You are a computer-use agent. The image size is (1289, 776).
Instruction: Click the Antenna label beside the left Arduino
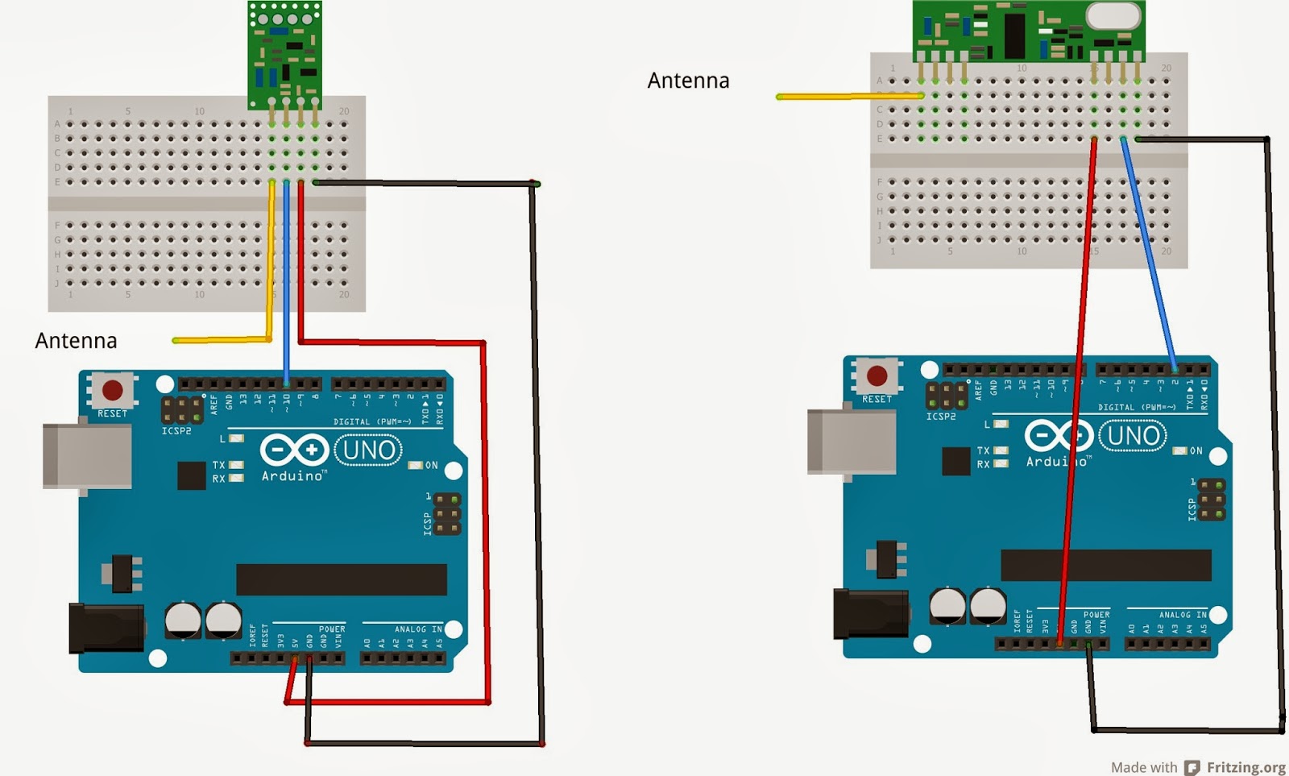tap(76, 341)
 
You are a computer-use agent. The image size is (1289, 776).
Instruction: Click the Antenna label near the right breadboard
tap(688, 81)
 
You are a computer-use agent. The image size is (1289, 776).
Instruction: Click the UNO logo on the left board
tap(370, 450)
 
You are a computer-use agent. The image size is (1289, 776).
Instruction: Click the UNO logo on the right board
tap(1134, 436)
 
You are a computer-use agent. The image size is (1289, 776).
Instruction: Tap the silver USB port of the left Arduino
tap(87, 456)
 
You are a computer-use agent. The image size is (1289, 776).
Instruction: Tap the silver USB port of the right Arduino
tap(852, 442)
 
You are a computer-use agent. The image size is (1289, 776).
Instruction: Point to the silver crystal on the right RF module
tap(1114, 15)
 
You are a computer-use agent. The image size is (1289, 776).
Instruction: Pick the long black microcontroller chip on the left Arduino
tap(341, 579)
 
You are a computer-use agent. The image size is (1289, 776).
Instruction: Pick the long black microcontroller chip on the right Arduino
tap(1105, 565)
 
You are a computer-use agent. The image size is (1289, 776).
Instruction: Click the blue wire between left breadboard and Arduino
tap(287, 282)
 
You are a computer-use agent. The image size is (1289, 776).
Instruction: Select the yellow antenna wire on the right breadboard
tap(849, 97)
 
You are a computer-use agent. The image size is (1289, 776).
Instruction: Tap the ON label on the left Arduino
tap(432, 465)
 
